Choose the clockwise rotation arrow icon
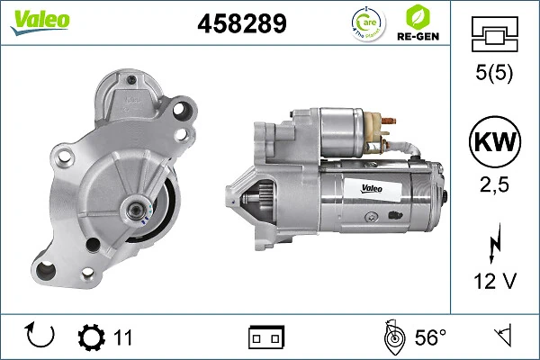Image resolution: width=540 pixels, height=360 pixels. click(x=41, y=337)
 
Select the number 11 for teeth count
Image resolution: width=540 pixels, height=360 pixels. click(x=123, y=337)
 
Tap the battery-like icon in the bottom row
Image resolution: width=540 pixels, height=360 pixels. click(x=266, y=337)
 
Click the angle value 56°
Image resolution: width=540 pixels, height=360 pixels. click(x=430, y=337)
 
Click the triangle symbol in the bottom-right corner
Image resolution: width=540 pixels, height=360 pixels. click(x=501, y=337)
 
